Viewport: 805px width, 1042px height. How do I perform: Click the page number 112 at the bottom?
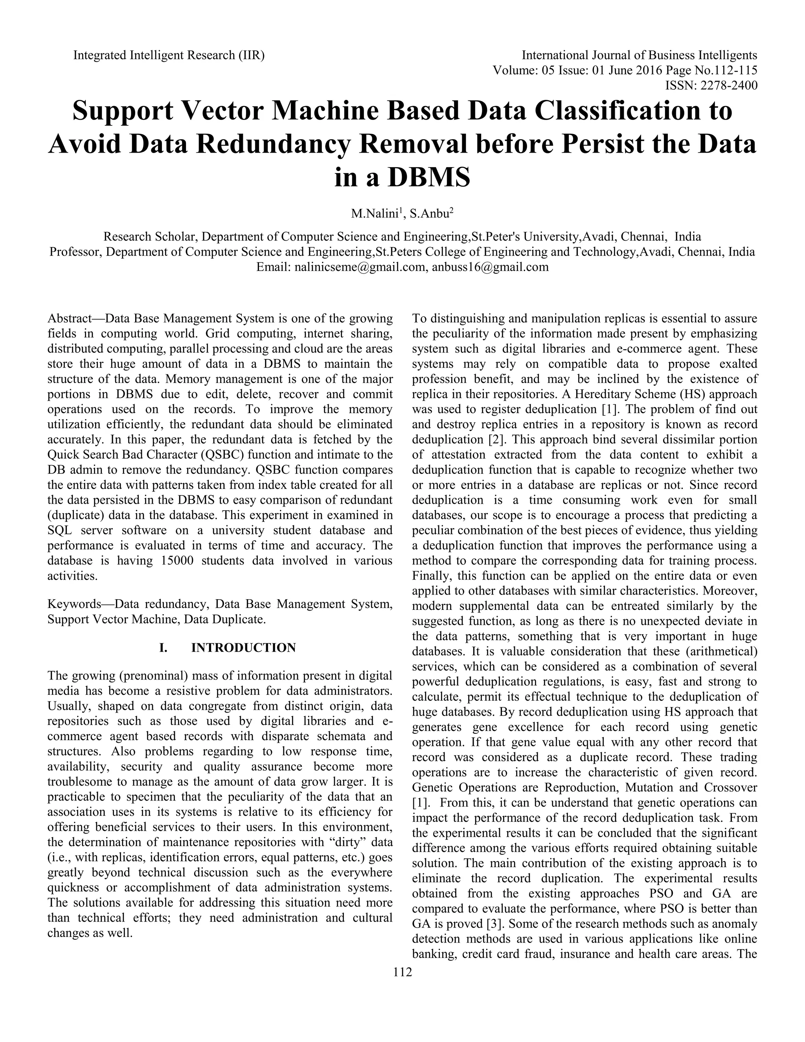(402, 972)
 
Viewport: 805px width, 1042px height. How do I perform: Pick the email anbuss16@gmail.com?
(490, 267)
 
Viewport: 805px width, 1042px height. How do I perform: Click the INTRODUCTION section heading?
(243, 648)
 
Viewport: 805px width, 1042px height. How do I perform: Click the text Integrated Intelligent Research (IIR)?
(169, 55)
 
